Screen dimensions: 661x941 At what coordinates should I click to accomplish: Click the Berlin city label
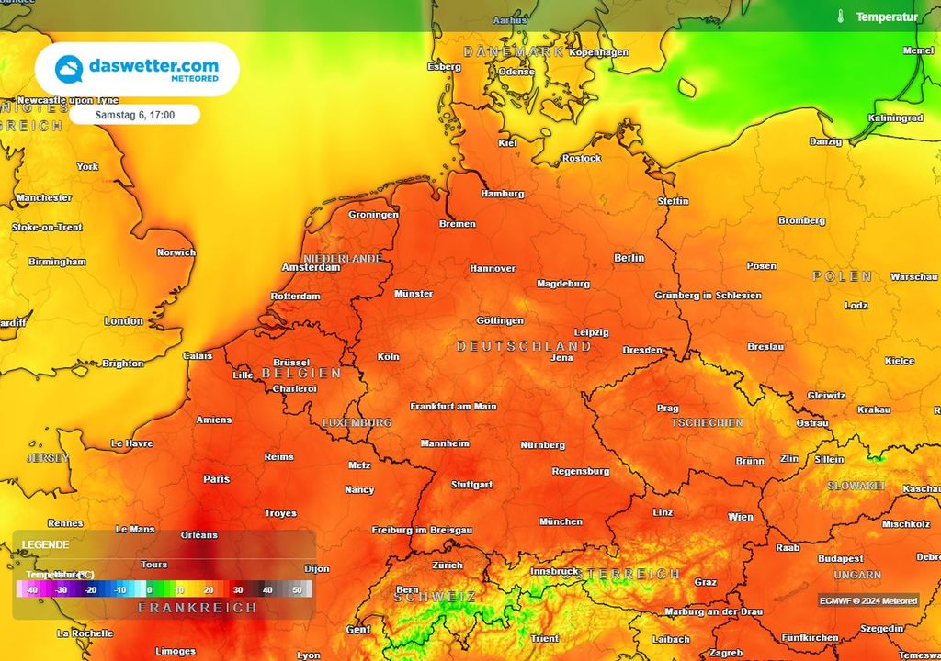(x=629, y=258)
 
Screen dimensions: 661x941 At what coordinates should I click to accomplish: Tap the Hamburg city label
(x=502, y=194)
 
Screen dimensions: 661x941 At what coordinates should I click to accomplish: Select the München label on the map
(x=560, y=521)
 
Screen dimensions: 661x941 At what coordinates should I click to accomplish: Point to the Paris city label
(x=217, y=478)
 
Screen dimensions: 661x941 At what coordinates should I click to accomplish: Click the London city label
(x=123, y=320)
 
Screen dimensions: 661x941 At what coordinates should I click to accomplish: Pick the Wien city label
(x=740, y=517)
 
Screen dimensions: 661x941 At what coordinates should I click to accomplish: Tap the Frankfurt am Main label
(x=453, y=406)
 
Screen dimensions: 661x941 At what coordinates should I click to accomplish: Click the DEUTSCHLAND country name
(x=524, y=346)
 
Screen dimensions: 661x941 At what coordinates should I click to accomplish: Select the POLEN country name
(x=842, y=276)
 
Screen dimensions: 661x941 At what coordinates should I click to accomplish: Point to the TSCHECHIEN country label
(x=707, y=423)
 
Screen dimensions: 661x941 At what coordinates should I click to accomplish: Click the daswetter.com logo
(x=137, y=69)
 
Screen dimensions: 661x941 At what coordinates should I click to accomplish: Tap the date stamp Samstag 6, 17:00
(x=134, y=115)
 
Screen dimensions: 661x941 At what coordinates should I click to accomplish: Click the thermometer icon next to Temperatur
(x=840, y=17)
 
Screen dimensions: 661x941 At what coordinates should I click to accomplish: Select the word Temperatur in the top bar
(x=886, y=17)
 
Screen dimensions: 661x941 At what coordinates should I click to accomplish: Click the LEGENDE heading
(x=45, y=544)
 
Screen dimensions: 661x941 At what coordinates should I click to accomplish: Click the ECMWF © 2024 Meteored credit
(x=868, y=600)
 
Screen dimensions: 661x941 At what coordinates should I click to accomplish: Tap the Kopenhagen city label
(x=599, y=52)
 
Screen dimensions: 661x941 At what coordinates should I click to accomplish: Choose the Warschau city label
(x=913, y=276)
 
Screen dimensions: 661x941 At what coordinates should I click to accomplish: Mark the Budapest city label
(x=840, y=558)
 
